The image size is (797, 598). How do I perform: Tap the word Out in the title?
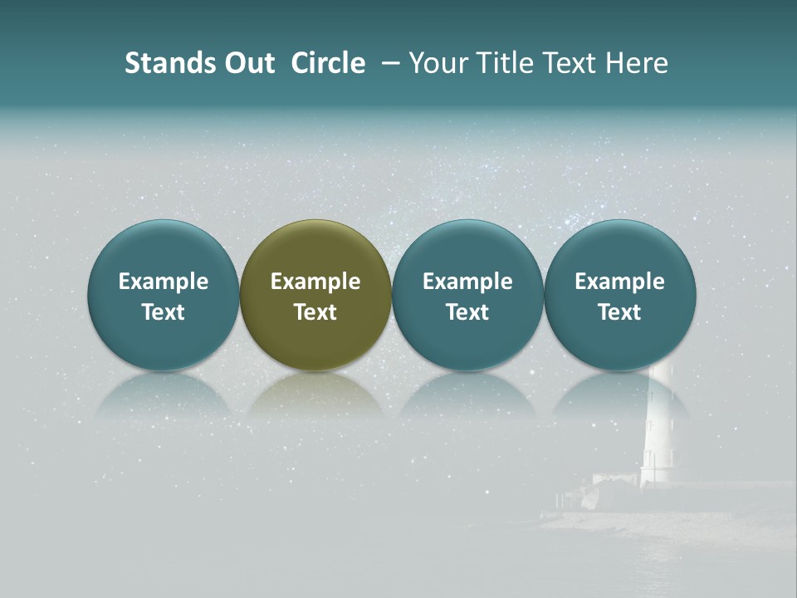tap(247, 63)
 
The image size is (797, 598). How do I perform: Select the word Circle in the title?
tap(328, 63)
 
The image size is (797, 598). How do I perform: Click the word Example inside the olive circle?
tap(315, 282)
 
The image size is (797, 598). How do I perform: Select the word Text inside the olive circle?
tap(315, 312)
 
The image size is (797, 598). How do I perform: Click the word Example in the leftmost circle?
tap(164, 282)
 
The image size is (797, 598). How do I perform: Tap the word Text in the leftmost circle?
tap(164, 312)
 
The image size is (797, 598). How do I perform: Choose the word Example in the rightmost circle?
tap(619, 282)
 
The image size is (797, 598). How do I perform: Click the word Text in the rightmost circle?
tap(619, 312)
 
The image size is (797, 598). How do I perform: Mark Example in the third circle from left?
tap(467, 282)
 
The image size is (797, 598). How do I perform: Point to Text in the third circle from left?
tap(467, 312)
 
